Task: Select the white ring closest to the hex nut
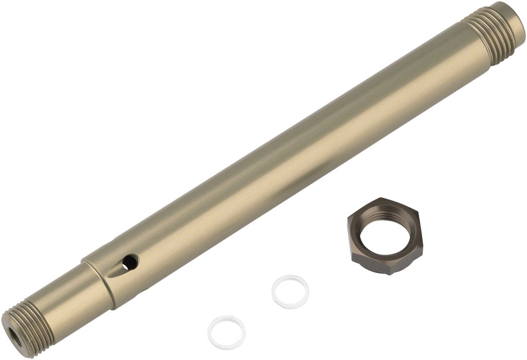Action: (290, 292)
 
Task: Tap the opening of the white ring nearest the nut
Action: (290, 291)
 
